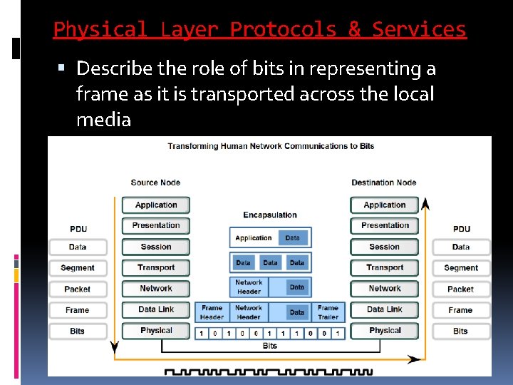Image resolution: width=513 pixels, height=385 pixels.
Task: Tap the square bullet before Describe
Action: pyautogui.click(x=61, y=69)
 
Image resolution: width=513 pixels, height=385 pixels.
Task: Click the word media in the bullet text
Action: pyautogui.click(x=103, y=120)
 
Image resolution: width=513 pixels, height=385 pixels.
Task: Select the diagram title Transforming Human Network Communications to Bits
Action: pyautogui.click(x=271, y=146)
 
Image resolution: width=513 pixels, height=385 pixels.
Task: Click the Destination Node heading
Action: pyautogui.click(x=384, y=183)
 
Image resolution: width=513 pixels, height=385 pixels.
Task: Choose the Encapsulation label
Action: pyautogui.click(x=270, y=215)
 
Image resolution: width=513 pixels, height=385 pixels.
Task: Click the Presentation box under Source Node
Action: pyautogui.click(x=155, y=225)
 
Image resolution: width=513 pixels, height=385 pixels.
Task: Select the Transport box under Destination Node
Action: pyautogui.click(x=385, y=267)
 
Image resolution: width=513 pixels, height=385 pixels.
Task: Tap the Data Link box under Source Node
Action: pyautogui.click(x=155, y=309)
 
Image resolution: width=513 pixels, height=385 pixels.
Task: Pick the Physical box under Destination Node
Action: pyautogui.click(x=385, y=331)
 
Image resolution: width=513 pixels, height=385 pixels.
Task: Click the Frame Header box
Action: pyautogui.click(x=212, y=312)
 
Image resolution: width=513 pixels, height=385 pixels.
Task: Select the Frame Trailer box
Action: pyautogui.click(x=328, y=312)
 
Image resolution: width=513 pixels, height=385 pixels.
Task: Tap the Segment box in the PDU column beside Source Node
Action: pyautogui.click(x=78, y=268)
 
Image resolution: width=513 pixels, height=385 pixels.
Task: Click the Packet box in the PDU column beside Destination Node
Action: pyautogui.click(x=460, y=289)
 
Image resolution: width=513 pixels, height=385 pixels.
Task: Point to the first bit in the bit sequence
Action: pyautogui.click(x=202, y=333)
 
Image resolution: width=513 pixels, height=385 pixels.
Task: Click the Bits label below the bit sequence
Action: pyautogui.click(x=270, y=346)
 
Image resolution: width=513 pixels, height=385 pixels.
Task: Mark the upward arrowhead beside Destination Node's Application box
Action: pyautogui.click(x=425, y=204)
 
